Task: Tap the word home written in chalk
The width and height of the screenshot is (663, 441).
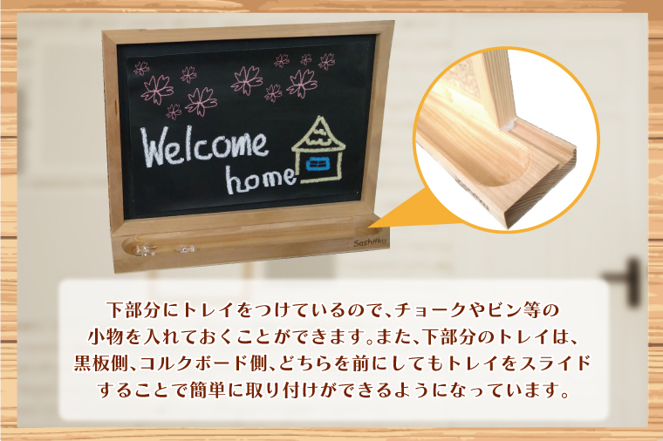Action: [x=261, y=179]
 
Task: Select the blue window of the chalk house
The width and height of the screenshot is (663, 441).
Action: [x=317, y=166]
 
